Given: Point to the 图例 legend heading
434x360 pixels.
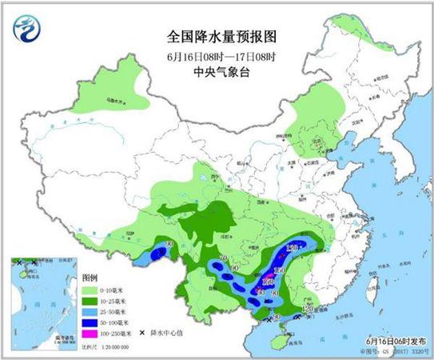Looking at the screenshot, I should coord(90,274).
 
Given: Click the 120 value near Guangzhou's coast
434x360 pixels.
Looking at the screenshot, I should coord(305,307).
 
